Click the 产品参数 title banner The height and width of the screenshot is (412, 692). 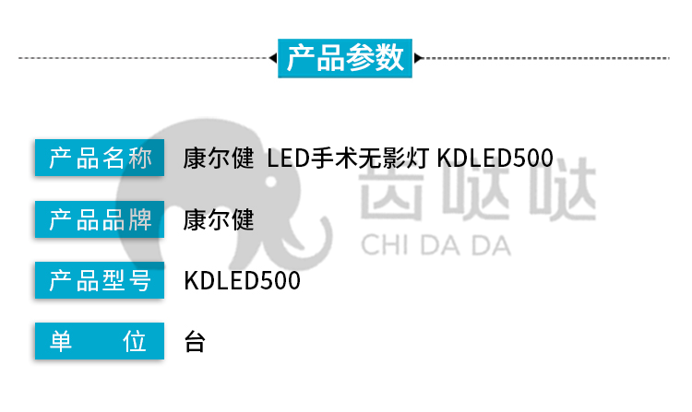coord(345,58)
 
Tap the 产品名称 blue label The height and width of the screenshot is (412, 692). coord(100,158)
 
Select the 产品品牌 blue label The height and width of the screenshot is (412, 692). coord(100,219)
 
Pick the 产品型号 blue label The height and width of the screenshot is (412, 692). coord(100,280)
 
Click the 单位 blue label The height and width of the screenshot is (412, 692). coord(100,341)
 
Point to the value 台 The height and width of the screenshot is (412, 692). coord(195,342)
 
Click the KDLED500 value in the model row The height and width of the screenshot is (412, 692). coord(243,281)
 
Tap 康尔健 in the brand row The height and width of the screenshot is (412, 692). coord(219,219)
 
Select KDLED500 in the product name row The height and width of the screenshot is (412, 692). coord(495,158)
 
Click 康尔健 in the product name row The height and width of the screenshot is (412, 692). coord(219,158)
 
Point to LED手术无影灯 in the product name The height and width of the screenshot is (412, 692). coord(348,158)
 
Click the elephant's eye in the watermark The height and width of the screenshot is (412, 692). coord(271,181)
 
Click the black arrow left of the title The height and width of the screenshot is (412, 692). coord(273,58)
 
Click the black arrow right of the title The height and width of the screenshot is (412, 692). coord(418,58)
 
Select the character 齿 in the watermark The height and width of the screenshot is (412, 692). coord(391,188)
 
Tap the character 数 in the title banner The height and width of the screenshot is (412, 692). coord(389,58)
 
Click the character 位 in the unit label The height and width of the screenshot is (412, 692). coord(135,341)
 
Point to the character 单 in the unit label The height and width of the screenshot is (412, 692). coord(61,341)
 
